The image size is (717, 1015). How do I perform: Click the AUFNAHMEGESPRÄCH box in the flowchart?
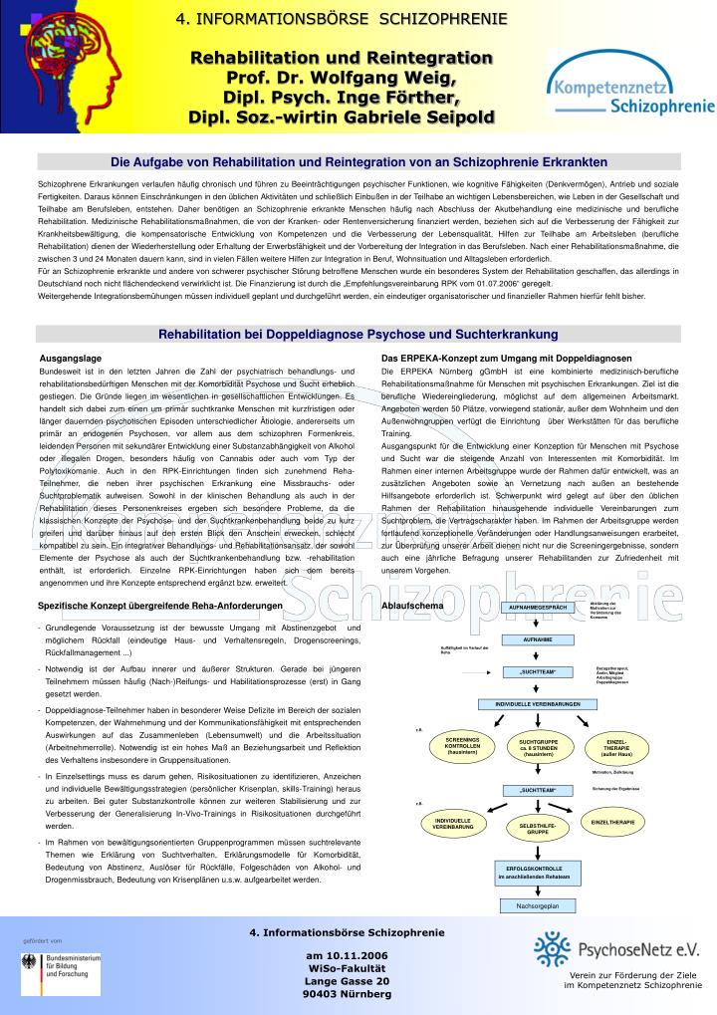[x=538, y=607]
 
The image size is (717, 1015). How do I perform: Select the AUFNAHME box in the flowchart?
[x=538, y=639]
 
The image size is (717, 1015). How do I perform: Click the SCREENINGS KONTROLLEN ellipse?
[x=462, y=745]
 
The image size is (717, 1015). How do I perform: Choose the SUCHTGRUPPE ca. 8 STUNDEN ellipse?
[x=538, y=746]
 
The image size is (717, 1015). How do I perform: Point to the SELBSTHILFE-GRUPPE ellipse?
[x=538, y=828]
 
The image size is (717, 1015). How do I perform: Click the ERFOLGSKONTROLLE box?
[x=538, y=872]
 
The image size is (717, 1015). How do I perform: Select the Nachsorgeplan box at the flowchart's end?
[x=538, y=905]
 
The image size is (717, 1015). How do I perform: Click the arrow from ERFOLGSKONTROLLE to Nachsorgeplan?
[x=538, y=891]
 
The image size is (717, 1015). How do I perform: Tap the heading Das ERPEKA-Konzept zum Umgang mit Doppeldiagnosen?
[x=506, y=358]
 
